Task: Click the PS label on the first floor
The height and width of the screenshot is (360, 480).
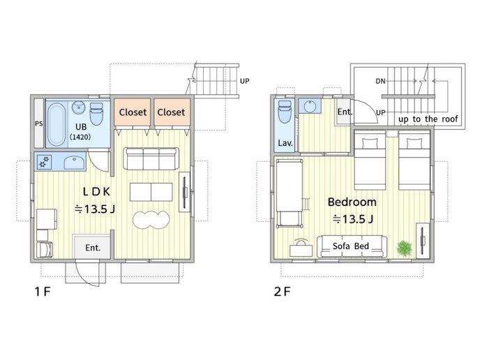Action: pyautogui.click(x=38, y=124)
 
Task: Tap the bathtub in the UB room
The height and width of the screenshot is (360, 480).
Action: pyautogui.click(x=57, y=124)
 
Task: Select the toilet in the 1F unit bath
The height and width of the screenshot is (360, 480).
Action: pyautogui.click(x=96, y=114)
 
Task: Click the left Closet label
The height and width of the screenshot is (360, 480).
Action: pyautogui.click(x=133, y=112)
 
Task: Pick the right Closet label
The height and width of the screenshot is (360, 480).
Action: pyautogui.click(x=171, y=112)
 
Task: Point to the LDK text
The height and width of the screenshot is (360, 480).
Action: pyautogui.click(x=96, y=192)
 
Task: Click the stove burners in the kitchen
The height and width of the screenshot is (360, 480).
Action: pyautogui.click(x=44, y=162)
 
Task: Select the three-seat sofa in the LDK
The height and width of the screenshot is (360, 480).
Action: pyautogui.click(x=151, y=158)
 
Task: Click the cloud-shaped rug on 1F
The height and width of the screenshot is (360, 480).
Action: pyautogui.click(x=151, y=219)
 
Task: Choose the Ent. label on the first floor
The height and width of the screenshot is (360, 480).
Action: pyautogui.click(x=93, y=248)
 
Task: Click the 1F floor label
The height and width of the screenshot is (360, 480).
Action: pyautogui.click(x=43, y=292)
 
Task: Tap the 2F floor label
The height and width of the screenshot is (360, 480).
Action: pyautogui.click(x=282, y=292)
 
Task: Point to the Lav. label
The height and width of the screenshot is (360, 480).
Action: pyautogui.click(x=285, y=143)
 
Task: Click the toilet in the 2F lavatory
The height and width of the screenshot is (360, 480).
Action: pyautogui.click(x=285, y=112)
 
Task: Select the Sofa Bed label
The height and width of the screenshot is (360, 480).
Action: pyautogui.click(x=350, y=246)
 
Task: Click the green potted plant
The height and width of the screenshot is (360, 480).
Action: pyautogui.click(x=405, y=248)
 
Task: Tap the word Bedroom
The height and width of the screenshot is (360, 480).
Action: pyautogui.click(x=352, y=202)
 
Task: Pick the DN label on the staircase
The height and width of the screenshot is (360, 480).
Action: pyautogui.click(x=380, y=81)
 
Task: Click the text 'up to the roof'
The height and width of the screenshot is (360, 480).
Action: pyautogui.click(x=428, y=119)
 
